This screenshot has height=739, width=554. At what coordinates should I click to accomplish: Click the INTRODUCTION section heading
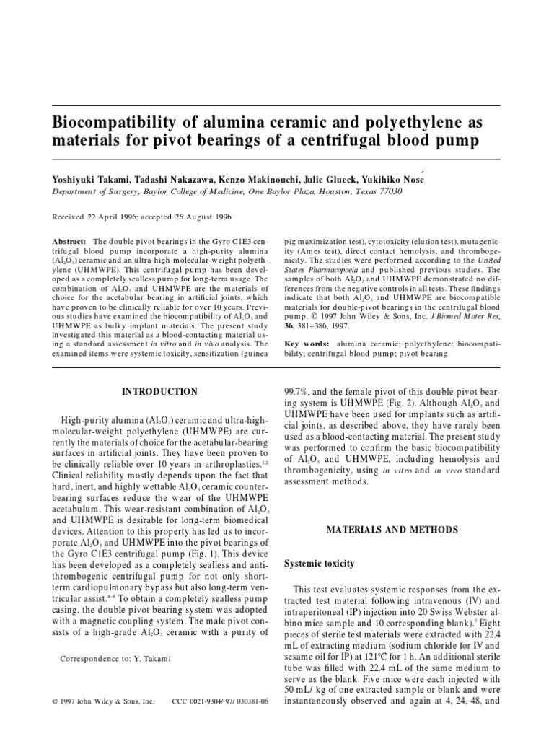coord(160,392)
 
